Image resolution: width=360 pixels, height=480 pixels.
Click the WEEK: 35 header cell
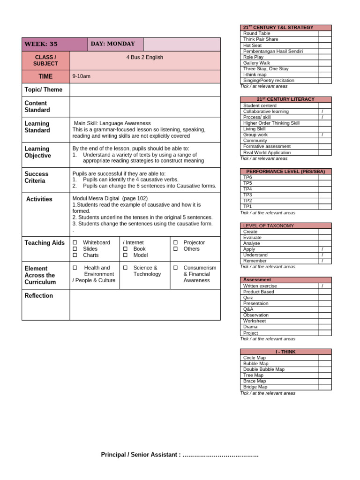pos(41,44)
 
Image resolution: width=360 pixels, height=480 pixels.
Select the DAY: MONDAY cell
pos(112,44)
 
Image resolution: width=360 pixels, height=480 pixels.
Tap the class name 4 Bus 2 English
pos(145,57)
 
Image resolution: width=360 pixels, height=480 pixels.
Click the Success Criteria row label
pos(37,177)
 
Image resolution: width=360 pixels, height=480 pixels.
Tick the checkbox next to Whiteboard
pos(75,243)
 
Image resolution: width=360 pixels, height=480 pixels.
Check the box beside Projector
pos(175,243)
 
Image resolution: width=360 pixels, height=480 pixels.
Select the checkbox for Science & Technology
pos(125,268)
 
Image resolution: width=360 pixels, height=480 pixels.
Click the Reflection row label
pos(38,296)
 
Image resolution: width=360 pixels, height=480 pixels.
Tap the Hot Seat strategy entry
pos(253,45)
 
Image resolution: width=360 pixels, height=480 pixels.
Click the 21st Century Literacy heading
pos(285,99)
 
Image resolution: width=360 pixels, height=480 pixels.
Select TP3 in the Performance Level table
pos(247,195)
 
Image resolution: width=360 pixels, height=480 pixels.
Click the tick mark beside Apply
pos(322,249)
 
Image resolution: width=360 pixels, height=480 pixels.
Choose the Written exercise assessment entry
pos(260,286)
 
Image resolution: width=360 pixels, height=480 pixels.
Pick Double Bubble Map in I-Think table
pos(263,369)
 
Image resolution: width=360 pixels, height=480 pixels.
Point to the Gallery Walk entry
pos(256,63)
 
